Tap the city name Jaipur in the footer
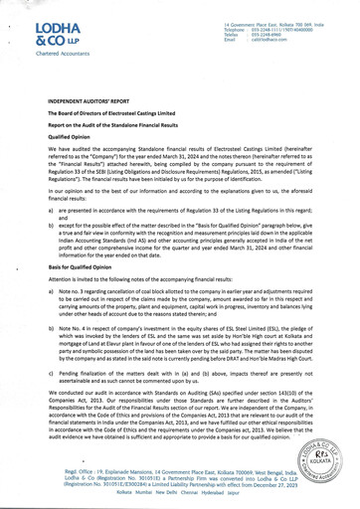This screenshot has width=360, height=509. pyautogui.click(x=224, y=483)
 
